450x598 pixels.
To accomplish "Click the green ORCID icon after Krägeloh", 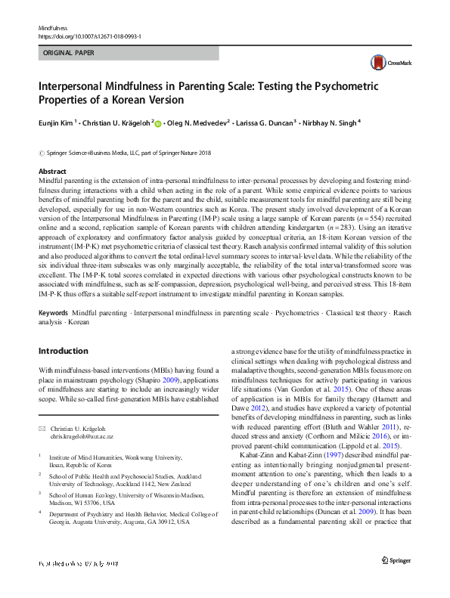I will click(x=157, y=122).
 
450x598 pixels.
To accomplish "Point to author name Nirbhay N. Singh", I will click(x=330, y=121).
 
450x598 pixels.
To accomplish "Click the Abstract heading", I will click(x=52, y=172).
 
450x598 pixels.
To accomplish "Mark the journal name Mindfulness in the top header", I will click(x=54, y=28).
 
